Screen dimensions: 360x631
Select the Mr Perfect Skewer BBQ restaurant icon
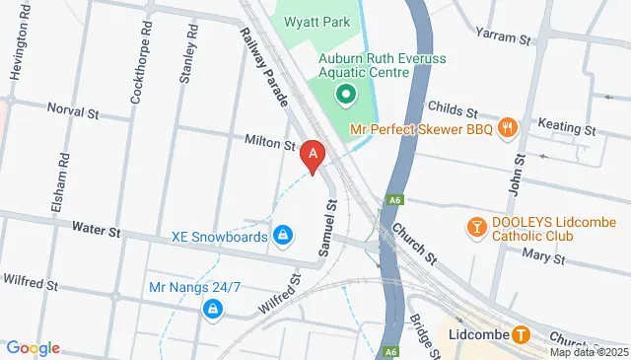[508, 126]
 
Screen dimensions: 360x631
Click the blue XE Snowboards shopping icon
[283, 234]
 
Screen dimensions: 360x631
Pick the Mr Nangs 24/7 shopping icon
[212, 310]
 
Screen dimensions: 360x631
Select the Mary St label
[542, 258]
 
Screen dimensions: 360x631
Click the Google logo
[33, 347]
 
